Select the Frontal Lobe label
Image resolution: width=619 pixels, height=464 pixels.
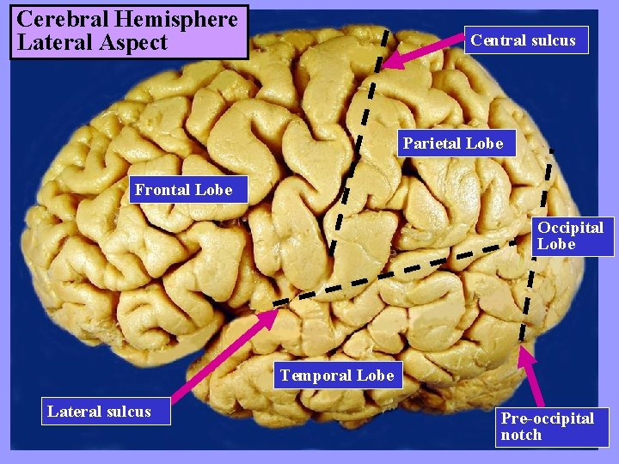[x=183, y=190]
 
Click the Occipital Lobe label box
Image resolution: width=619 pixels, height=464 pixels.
[x=571, y=235]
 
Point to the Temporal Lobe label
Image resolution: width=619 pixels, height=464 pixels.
[x=337, y=375]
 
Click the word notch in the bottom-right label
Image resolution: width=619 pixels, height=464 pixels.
[x=521, y=435]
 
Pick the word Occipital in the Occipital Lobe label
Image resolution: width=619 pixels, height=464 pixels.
[x=571, y=228]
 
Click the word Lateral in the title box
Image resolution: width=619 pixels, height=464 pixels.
[x=50, y=43]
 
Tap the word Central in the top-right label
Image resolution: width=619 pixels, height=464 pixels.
[x=498, y=40]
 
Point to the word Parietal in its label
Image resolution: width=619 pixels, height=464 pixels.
[x=432, y=143]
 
